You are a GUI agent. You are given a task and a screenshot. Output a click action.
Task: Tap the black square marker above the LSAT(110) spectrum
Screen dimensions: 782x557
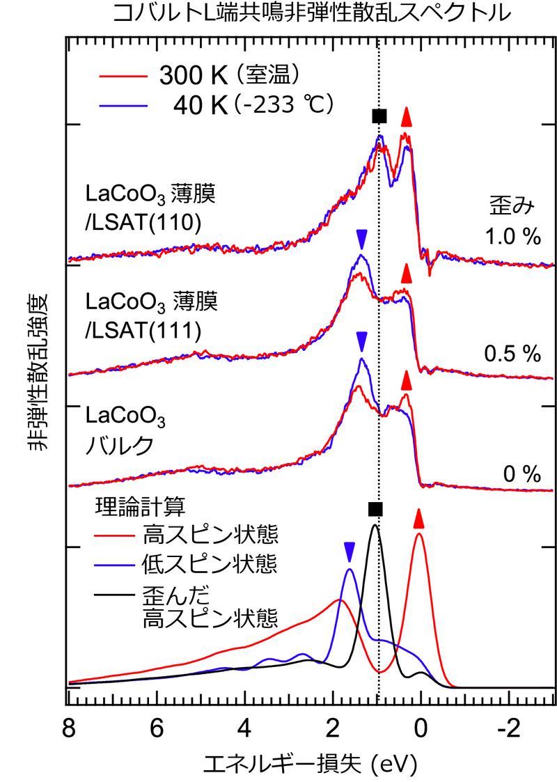point(379,116)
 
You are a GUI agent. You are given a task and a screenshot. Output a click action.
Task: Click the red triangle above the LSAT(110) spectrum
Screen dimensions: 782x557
point(407,118)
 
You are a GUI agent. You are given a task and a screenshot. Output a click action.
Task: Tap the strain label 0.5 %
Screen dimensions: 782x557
point(512,354)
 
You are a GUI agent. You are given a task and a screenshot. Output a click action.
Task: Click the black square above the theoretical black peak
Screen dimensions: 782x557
point(375,509)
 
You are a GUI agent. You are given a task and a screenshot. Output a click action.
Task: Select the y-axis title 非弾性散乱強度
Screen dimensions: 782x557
point(38,373)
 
